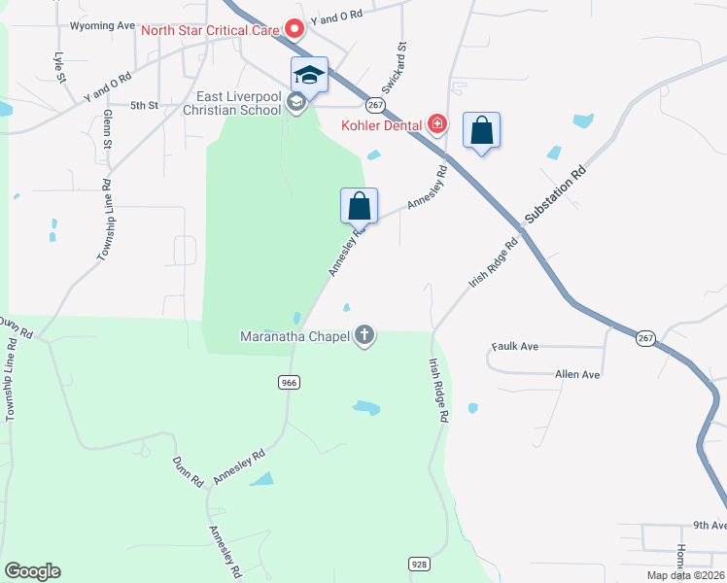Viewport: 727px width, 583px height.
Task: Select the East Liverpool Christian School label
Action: point(238,103)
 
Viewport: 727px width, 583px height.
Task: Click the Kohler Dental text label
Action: point(381,125)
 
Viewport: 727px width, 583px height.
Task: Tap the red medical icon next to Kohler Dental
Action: point(437,124)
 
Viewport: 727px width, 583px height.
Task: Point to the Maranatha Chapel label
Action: point(295,337)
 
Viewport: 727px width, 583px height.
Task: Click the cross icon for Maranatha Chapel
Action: point(364,336)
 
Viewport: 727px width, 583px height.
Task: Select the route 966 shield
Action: point(288,383)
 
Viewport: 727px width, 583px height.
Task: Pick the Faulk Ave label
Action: point(515,346)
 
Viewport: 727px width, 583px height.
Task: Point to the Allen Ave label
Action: point(577,374)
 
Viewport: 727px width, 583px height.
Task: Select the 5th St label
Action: point(144,105)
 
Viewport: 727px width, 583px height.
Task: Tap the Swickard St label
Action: point(399,61)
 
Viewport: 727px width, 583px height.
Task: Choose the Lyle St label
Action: point(60,66)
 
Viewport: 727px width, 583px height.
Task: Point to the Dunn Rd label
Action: point(187,471)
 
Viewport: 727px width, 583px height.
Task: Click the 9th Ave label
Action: point(709,525)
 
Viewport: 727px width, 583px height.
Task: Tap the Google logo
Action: point(32,571)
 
